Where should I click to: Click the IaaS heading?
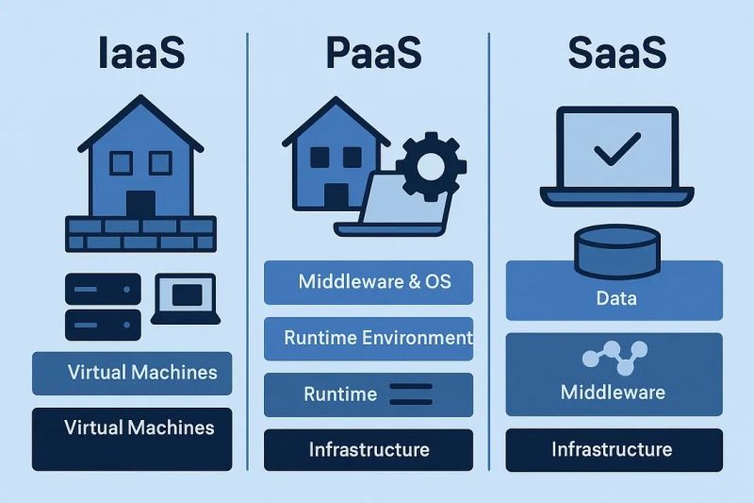[140, 54]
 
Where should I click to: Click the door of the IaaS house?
[140, 204]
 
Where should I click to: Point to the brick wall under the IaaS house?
[140, 233]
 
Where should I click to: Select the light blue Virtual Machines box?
[132, 372]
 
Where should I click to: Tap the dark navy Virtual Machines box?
[132, 428]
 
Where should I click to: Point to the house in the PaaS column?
[336, 157]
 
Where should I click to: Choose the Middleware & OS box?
[368, 282]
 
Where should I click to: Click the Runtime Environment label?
[377, 338]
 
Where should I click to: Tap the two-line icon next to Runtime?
[410, 394]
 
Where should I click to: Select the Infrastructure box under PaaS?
[368, 449]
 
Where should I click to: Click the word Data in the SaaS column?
[615, 299]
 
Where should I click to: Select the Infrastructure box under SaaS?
[614, 449]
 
